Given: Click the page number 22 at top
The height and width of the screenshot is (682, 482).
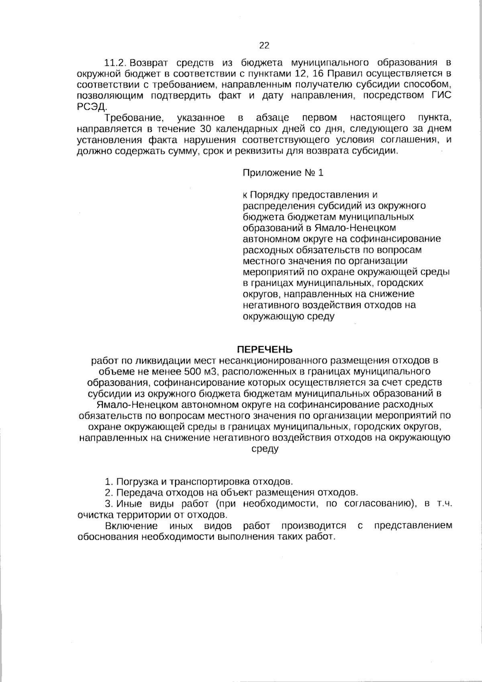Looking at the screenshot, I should point(264,45).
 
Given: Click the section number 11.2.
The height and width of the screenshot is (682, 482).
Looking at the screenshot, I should point(116,63).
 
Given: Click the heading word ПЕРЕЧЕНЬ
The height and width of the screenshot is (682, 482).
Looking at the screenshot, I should point(264,349).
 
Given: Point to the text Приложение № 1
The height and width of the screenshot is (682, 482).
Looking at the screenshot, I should point(283,173).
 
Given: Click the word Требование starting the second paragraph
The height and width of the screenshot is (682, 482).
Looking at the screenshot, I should point(134,118).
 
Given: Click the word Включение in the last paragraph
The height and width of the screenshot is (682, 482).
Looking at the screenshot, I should point(131,526).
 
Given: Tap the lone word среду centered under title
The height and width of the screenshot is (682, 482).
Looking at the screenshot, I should point(265,449).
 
